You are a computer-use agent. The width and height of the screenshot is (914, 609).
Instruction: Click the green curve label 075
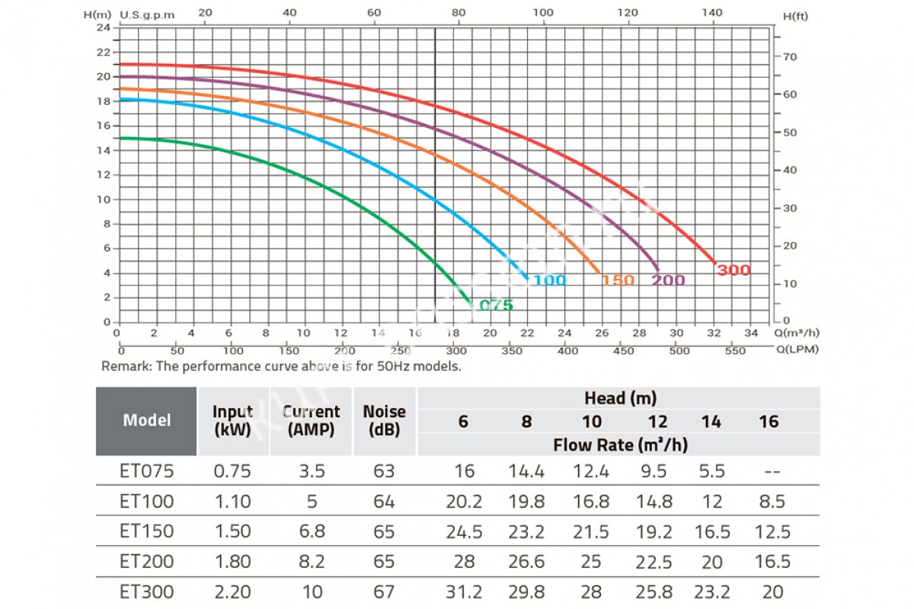pos(496,305)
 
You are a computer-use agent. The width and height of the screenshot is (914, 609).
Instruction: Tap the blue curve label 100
pos(549,280)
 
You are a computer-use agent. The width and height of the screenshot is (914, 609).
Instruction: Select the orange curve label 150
pos(618,280)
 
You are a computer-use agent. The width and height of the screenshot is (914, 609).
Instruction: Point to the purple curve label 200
pos(668,280)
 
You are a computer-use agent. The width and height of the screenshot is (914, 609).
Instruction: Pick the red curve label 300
pos(733,270)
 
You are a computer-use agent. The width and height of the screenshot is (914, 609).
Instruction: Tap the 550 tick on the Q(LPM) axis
pos(735,351)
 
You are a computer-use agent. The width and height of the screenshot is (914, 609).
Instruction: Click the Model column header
pos(147,420)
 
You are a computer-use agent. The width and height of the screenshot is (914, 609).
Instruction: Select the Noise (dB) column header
pos(384,420)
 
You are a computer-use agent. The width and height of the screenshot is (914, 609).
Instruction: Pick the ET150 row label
pos(147,531)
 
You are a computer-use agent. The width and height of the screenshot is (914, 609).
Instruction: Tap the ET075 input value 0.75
pos(232,471)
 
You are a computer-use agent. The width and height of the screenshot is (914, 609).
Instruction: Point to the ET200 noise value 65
pos(384,561)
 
